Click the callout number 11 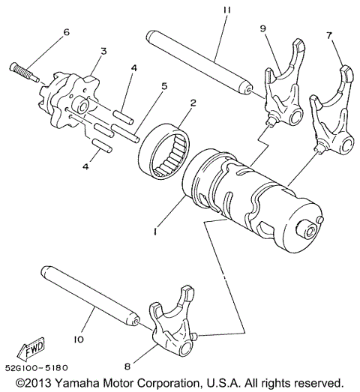click(224, 10)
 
